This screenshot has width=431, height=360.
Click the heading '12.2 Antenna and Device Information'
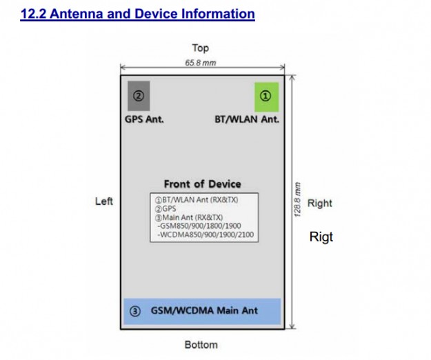(x=138, y=13)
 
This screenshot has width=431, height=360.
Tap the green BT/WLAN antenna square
(x=266, y=96)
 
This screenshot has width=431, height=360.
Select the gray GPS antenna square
(x=139, y=96)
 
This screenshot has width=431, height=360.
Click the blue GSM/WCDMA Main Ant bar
(x=202, y=311)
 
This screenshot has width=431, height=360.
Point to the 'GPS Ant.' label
(x=144, y=119)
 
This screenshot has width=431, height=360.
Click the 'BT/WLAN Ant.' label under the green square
(x=247, y=119)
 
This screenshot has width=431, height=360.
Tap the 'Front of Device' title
(x=202, y=184)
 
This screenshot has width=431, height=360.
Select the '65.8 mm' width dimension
(x=201, y=63)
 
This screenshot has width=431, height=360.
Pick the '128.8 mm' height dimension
(x=298, y=200)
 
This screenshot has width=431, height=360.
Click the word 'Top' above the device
(x=201, y=48)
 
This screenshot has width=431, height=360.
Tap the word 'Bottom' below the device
(x=201, y=344)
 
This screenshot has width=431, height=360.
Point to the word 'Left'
(x=104, y=201)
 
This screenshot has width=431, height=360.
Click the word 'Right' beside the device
(x=320, y=203)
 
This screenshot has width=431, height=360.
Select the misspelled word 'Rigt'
(x=321, y=237)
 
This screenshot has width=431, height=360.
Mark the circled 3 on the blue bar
(x=135, y=311)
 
